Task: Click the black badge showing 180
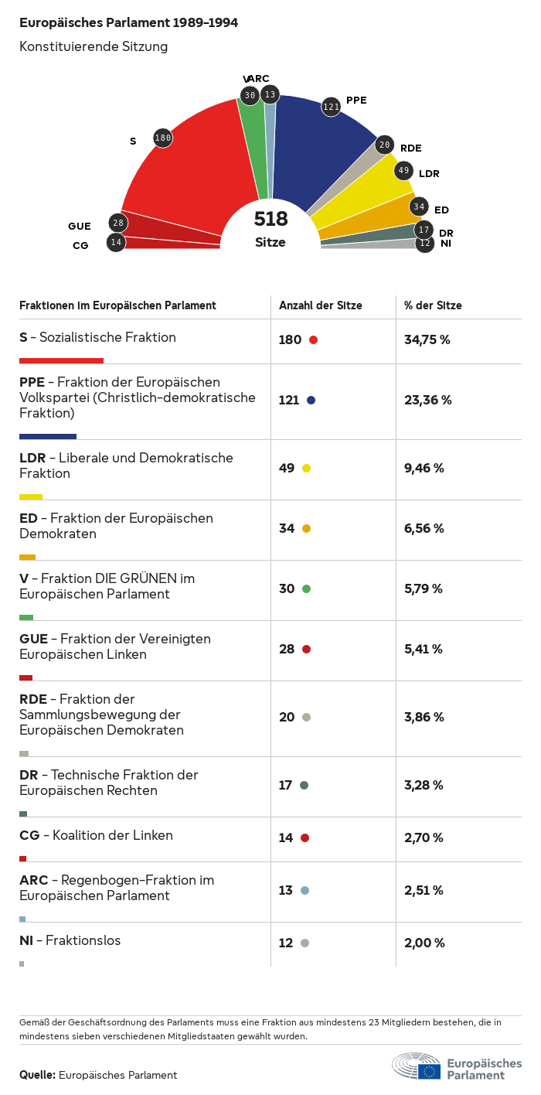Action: coord(162,138)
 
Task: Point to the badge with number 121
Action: coord(331,107)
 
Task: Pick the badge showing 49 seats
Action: coord(403,171)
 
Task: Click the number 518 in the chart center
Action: coord(270,220)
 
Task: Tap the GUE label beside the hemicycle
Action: coord(79,227)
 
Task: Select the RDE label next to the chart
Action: coord(410,148)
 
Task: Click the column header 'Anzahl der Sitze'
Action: coord(320,305)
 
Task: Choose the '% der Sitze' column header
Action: coord(433,305)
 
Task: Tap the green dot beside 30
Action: coord(306,588)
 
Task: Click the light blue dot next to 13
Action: coord(305,890)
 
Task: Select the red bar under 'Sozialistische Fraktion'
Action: coord(61,360)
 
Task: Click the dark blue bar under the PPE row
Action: coord(47,436)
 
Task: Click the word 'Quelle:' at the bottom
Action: coord(37,1075)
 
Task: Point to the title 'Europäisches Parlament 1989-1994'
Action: coord(128,23)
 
